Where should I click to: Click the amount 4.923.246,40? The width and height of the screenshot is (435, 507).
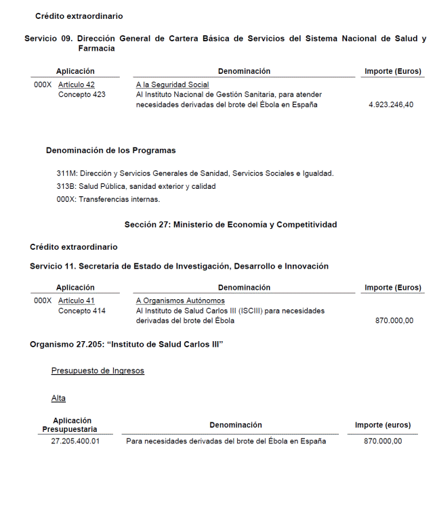point(391,105)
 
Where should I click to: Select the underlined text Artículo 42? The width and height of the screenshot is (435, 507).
point(77,85)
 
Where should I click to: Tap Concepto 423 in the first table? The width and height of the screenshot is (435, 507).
point(82,95)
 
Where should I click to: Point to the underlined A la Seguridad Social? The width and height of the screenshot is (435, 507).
point(172,85)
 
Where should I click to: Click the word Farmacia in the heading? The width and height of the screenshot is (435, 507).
point(96,49)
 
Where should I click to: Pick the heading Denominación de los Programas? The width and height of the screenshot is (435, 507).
point(110,150)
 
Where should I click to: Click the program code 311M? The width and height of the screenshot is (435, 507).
point(66,173)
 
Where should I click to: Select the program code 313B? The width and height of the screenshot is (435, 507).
point(66,186)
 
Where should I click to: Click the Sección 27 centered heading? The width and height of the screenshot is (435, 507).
point(230,225)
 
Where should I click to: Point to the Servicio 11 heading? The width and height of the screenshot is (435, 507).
point(179,266)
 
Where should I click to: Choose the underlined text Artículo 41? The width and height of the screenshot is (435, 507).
point(77,301)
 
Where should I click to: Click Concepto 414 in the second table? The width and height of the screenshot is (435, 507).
point(82,311)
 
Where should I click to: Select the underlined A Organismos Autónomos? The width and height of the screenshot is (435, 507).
point(180,301)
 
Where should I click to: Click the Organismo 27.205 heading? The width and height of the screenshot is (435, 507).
point(127,345)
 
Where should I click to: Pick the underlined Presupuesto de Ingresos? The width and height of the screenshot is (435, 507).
point(98,371)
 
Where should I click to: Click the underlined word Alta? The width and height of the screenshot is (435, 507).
point(58,398)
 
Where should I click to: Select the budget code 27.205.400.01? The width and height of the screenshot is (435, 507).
point(75,441)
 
